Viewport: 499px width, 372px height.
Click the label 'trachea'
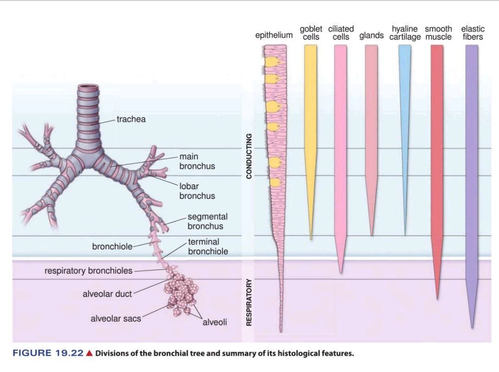tap(131, 119)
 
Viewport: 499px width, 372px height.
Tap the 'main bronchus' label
tap(197, 161)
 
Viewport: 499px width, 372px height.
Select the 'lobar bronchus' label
tap(197, 191)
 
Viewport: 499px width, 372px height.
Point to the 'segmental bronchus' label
tap(207, 221)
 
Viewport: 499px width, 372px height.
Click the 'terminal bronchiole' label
tap(208, 247)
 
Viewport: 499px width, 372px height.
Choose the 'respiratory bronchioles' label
tap(88, 271)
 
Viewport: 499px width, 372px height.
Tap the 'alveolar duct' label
tap(107, 294)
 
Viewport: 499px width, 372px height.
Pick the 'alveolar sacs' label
tap(116, 318)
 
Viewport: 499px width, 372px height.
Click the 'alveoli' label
tap(215, 322)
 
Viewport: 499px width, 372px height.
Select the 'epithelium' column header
tap(274, 35)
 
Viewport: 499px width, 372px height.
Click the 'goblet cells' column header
tap(311, 33)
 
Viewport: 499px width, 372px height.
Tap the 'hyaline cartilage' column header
tap(405, 33)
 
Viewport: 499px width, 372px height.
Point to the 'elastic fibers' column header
tap(473, 33)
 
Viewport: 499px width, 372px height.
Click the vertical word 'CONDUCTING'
tap(249, 156)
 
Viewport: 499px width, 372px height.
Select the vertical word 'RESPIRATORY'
tap(249, 302)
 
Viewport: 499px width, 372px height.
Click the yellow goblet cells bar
tap(311, 116)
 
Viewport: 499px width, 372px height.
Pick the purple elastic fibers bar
tap(471, 162)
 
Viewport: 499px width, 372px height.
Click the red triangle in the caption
tap(90, 354)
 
